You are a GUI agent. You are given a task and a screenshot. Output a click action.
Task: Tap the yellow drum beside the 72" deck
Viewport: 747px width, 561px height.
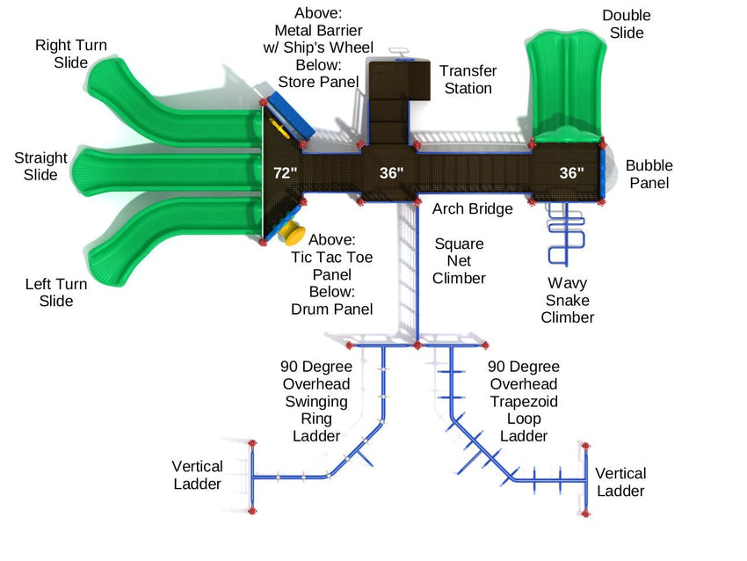292,234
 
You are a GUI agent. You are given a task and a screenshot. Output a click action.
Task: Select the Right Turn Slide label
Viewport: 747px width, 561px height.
65,53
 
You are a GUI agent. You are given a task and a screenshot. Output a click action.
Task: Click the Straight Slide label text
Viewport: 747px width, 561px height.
40,166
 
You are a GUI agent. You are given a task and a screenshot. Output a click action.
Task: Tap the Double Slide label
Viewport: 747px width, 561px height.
627,25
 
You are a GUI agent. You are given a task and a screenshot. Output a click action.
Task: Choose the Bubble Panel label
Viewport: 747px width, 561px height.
649,174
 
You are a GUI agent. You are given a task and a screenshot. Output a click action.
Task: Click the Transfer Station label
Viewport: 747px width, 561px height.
468,79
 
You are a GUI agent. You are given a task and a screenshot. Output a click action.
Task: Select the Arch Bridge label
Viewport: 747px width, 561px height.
472,209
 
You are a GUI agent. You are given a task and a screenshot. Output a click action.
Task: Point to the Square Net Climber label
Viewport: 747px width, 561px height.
459,261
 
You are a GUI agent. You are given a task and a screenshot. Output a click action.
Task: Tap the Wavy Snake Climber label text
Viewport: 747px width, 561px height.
567,300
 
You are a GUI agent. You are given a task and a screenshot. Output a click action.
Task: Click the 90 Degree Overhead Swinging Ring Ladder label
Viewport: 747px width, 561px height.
315,401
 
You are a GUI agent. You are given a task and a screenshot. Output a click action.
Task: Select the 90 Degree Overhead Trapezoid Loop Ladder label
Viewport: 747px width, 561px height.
524,401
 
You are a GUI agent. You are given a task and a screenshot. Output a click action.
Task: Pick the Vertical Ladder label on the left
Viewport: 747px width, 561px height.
197,475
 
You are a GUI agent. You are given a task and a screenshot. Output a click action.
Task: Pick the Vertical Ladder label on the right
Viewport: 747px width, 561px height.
620,483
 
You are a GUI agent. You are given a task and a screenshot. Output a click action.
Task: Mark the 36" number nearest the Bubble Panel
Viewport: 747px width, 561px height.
571,173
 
